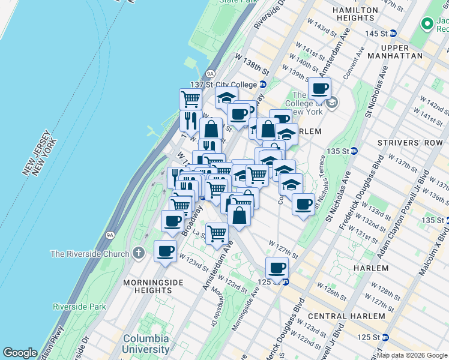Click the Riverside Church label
[89, 254]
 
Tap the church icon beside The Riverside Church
[139, 253]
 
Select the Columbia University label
[146, 344]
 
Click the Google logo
[20, 353]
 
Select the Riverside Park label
[79, 307]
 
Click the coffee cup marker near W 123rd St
[164, 251]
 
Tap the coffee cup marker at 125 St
[277, 268]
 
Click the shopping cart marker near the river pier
[190, 99]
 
